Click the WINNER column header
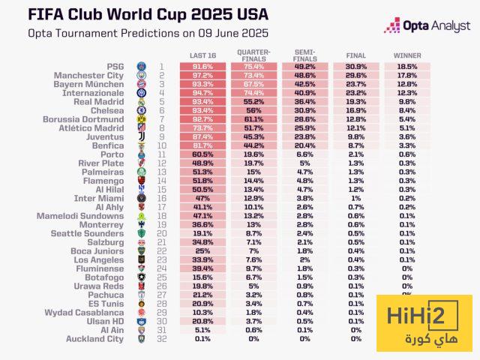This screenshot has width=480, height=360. pyautogui.click(x=407, y=56)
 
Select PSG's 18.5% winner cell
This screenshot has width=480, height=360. pyautogui.click(x=407, y=67)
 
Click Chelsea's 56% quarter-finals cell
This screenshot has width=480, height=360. pyautogui.click(x=254, y=110)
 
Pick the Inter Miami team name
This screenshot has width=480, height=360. pyautogui.click(x=101, y=198)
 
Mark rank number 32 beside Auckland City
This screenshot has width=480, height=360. pyautogui.click(x=160, y=339)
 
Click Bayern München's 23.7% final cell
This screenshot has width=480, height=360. pyautogui.click(x=355, y=84)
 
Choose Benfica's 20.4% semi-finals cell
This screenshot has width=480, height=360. pyautogui.click(x=304, y=145)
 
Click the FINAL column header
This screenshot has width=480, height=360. pyautogui.click(x=355, y=56)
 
